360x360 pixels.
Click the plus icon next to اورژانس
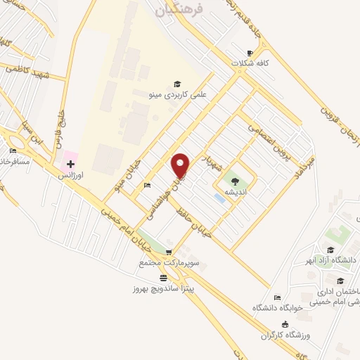pos(70,164)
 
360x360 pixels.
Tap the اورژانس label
pos(71,174)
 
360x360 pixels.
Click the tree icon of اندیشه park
pos(234,181)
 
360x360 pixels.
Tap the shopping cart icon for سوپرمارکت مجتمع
pos(168,252)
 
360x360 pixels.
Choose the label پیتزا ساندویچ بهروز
pos(163,288)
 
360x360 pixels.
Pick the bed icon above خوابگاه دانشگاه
pos(277,297)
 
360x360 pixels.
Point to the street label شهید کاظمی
pos(26,68)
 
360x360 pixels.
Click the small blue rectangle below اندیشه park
pos(220,198)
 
